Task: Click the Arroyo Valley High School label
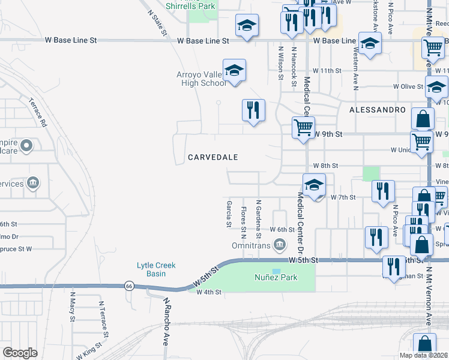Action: point(201,79)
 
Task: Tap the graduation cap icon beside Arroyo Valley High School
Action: point(235,71)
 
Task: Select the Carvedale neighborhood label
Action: point(213,157)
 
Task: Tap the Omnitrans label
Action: point(252,245)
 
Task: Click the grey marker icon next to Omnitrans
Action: point(279,244)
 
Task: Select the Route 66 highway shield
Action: point(128,286)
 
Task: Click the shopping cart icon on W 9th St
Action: point(303,127)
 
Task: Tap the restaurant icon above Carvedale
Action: point(253,110)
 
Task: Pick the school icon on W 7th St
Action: point(313,185)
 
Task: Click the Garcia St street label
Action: point(229,214)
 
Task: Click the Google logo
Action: point(20,353)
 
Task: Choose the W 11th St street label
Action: point(327,71)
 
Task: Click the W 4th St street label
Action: point(209,292)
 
